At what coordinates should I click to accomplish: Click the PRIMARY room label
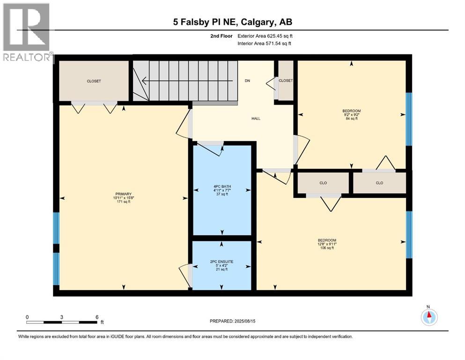tap(124, 194)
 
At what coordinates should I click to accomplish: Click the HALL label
tap(256, 119)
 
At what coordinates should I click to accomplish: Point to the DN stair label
tap(247, 81)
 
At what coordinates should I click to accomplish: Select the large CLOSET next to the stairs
tap(94, 81)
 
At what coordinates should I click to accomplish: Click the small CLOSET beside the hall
tap(285, 81)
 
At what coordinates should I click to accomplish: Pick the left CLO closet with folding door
tap(324, 183)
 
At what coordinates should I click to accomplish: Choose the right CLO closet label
tap(379, 183)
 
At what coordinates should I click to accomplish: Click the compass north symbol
tap(428, 316)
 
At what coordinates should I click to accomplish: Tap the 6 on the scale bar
tap(96, 317)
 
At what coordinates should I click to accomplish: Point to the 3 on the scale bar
tap(62, 317)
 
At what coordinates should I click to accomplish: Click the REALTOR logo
tap(27, 33)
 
